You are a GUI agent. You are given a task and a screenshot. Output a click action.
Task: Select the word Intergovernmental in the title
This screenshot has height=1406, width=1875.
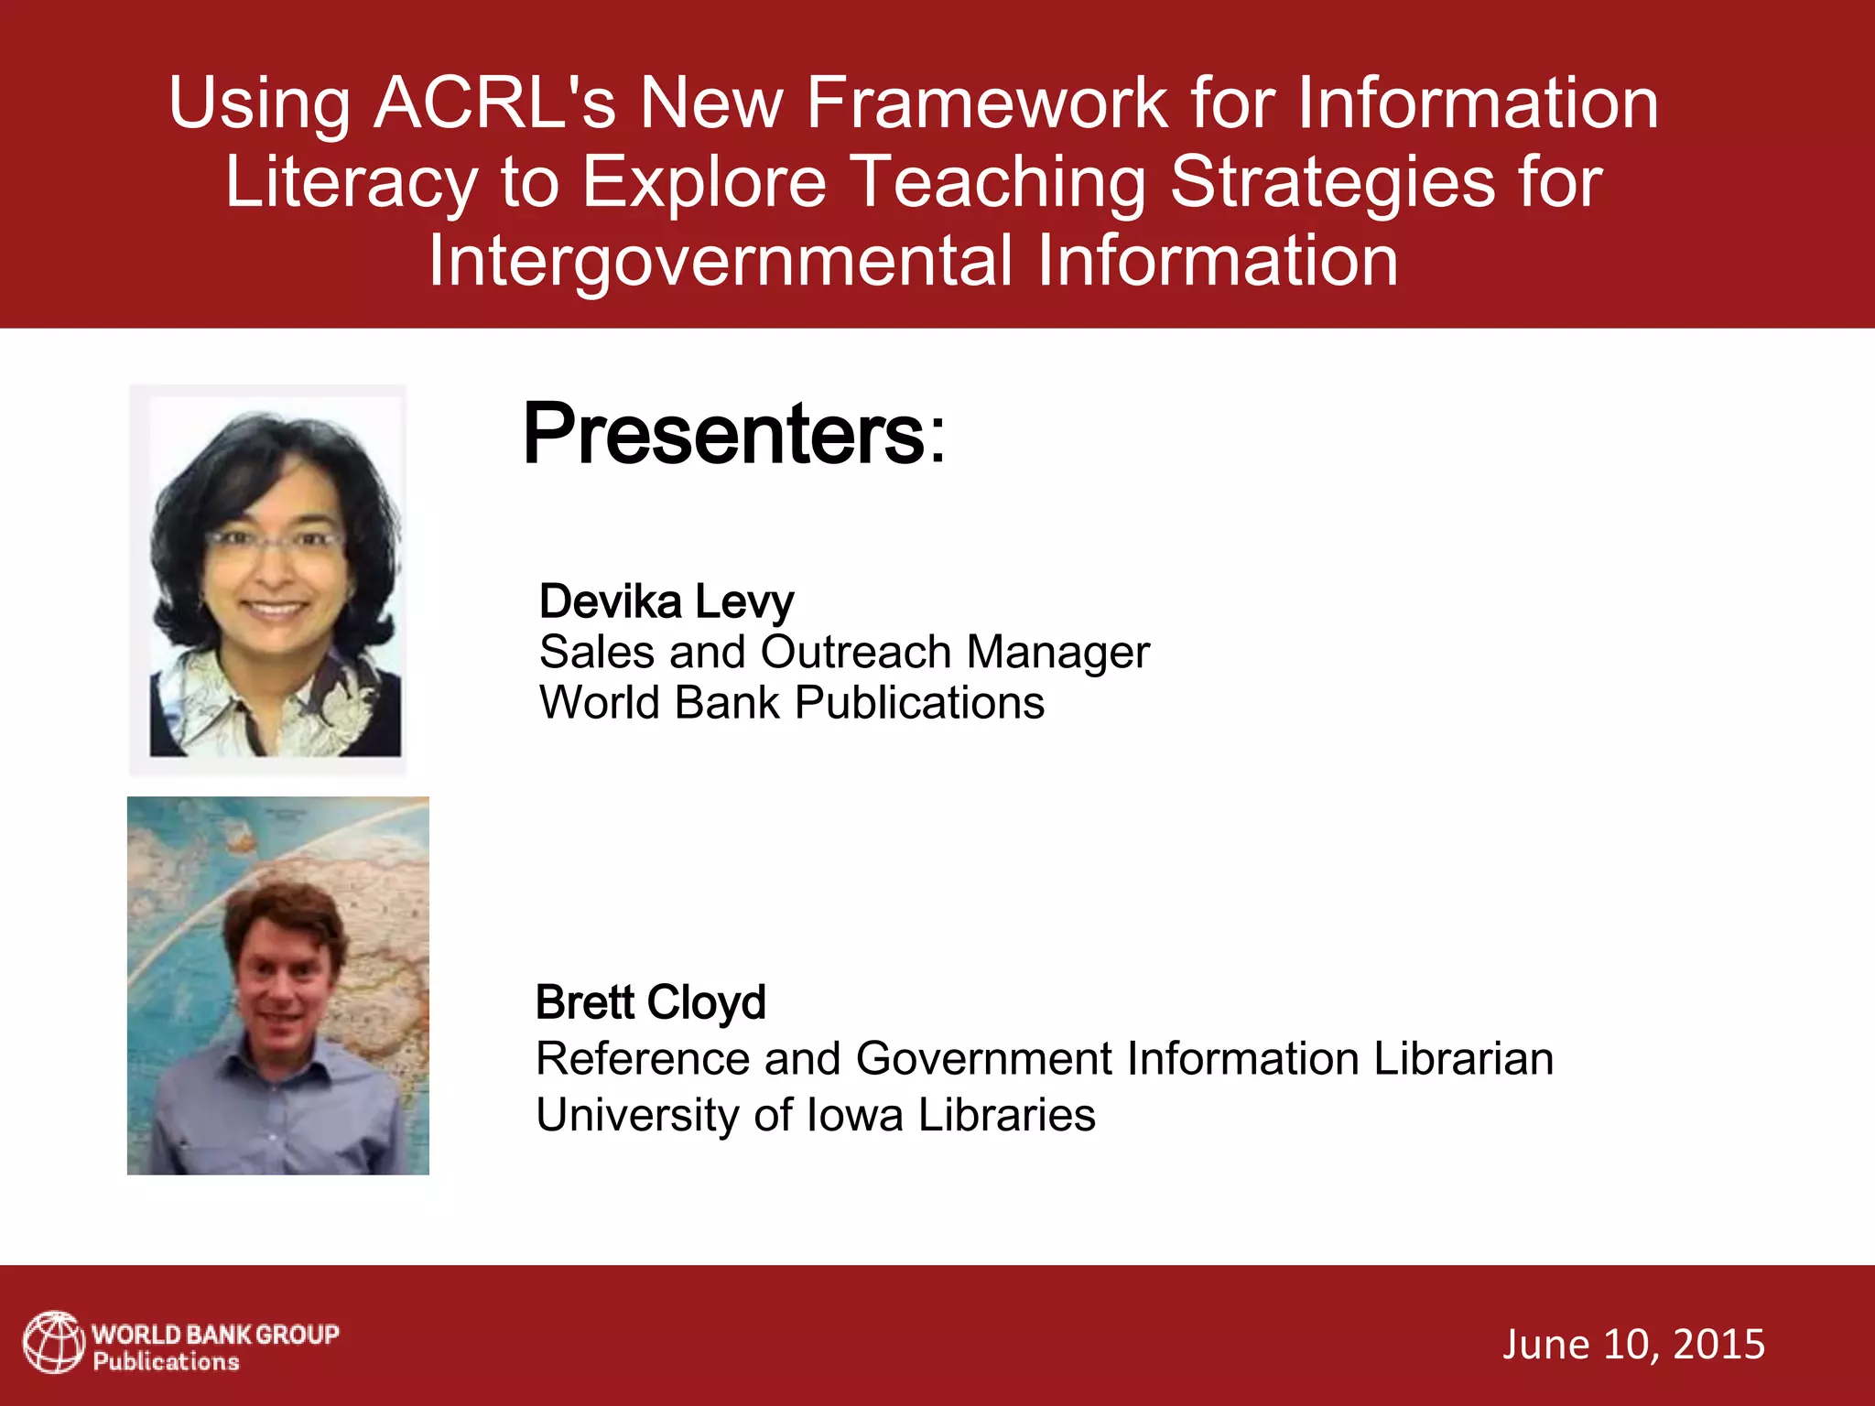point(721,261)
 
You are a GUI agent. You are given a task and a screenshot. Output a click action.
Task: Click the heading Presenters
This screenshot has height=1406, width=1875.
point(732,434)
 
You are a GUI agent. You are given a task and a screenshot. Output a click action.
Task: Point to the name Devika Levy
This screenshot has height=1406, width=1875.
point(666,601)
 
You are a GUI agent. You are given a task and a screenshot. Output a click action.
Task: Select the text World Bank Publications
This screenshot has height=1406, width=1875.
point(791,703)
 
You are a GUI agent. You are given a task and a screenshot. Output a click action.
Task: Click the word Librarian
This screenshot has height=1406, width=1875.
point(1463,1059)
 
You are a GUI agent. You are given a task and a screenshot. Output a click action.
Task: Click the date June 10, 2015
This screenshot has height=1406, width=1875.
point(1633,1344)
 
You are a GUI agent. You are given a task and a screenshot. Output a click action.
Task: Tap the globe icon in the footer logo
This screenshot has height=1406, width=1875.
point(53,1343)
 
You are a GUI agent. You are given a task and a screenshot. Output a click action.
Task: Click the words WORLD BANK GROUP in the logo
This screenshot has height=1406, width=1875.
point(215,1334)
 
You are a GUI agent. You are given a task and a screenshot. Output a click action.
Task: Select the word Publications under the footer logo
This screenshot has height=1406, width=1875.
point(166,1362)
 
